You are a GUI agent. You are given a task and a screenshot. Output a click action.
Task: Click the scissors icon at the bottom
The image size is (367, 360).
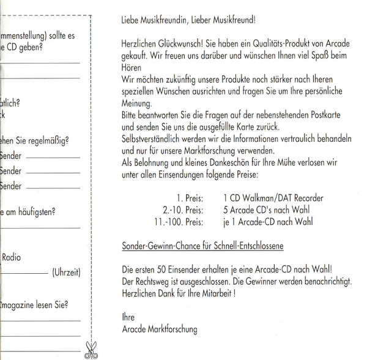pyautogui.click(x=92, y=350)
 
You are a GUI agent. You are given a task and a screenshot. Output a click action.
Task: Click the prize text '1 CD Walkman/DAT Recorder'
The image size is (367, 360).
pyautogui.click(x=273, y=198)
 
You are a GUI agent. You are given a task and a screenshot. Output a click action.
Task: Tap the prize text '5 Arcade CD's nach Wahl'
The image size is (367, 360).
pyautogui.click(x=264, y=210)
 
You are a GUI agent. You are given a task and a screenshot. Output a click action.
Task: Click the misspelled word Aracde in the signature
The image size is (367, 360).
pyautogui.click(x=135, y=329)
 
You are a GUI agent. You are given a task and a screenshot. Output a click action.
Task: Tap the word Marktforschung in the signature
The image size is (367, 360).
pyautogui.click(x=174, y=329)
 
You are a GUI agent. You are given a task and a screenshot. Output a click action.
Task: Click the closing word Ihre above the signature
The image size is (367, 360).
pyautogui.click(x=128, y=317)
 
